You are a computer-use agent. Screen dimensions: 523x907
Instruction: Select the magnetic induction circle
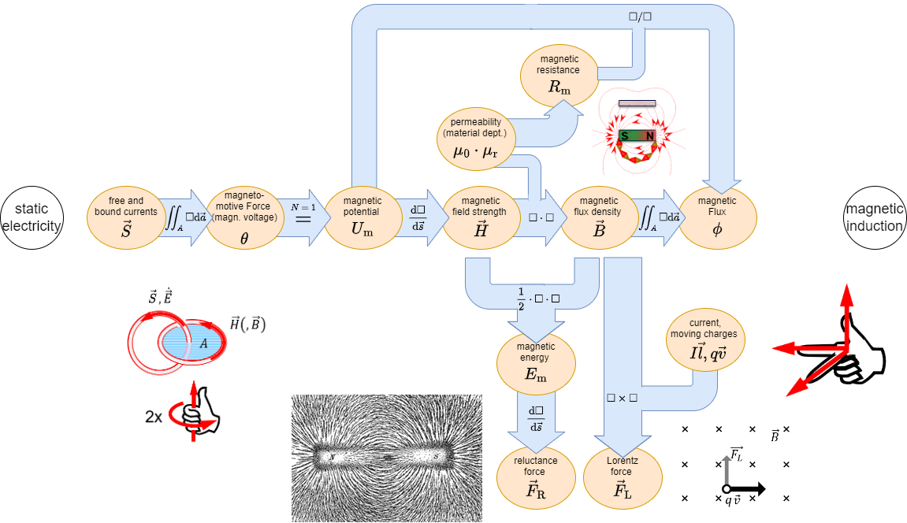874,217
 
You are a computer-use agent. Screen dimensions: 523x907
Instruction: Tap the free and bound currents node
126,218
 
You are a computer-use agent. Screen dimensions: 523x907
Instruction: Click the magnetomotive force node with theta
243,218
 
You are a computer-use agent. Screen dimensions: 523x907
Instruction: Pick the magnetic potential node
362,218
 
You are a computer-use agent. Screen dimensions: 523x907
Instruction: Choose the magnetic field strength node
480,218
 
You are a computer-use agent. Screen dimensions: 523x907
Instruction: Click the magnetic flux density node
599,218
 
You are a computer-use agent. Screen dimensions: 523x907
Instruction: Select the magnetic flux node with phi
717,218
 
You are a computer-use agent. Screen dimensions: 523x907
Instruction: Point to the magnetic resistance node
559,75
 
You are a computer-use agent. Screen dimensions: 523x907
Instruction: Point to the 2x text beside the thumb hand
154,417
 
